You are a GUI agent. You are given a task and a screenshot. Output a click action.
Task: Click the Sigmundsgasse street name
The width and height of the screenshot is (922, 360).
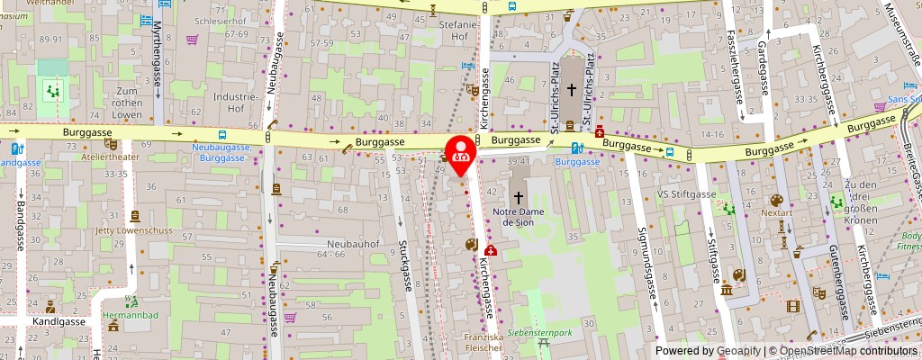[x=646, y=261]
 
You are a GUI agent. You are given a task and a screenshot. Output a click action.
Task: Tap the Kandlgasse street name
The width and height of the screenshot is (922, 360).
[x=59, y=321]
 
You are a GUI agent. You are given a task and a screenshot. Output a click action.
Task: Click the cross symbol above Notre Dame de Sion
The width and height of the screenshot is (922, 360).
[x=517, y=196]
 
